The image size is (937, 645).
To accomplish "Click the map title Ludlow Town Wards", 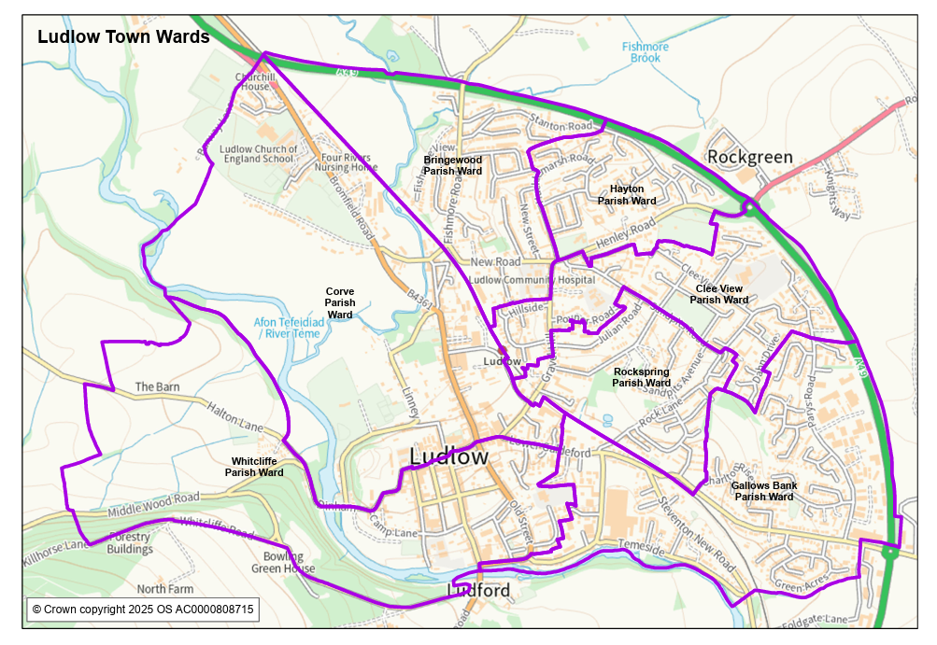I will tap(123, 37).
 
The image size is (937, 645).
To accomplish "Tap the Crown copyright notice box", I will tap(142, 610).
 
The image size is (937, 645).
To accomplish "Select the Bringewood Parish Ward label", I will tap(453, 166).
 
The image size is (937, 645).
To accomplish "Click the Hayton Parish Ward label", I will tap(627, 195).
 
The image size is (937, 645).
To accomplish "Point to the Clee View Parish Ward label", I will tap(719, 294).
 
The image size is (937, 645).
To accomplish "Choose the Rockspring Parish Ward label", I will tap(641, 377).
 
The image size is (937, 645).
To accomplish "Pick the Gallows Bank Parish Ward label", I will tap(763, 491).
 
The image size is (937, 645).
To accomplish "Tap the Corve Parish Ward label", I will tap(340, 303).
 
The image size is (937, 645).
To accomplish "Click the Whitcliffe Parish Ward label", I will tap(254, 467).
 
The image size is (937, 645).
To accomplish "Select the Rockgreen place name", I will tap(750, 157).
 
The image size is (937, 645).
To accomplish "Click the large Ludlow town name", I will tap(448, 456).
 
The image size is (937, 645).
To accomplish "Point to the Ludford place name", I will tap(478, 591).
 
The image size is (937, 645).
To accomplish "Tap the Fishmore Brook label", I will tap(645, 52).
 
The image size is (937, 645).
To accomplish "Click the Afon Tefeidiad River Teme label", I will tap(289, 328).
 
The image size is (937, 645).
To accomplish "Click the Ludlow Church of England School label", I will tap(259, 154).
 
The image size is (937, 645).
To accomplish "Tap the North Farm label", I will tap(165, 589).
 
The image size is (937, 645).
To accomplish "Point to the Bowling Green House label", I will tap(283, 563).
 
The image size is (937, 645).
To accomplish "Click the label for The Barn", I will tap(157, 386).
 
